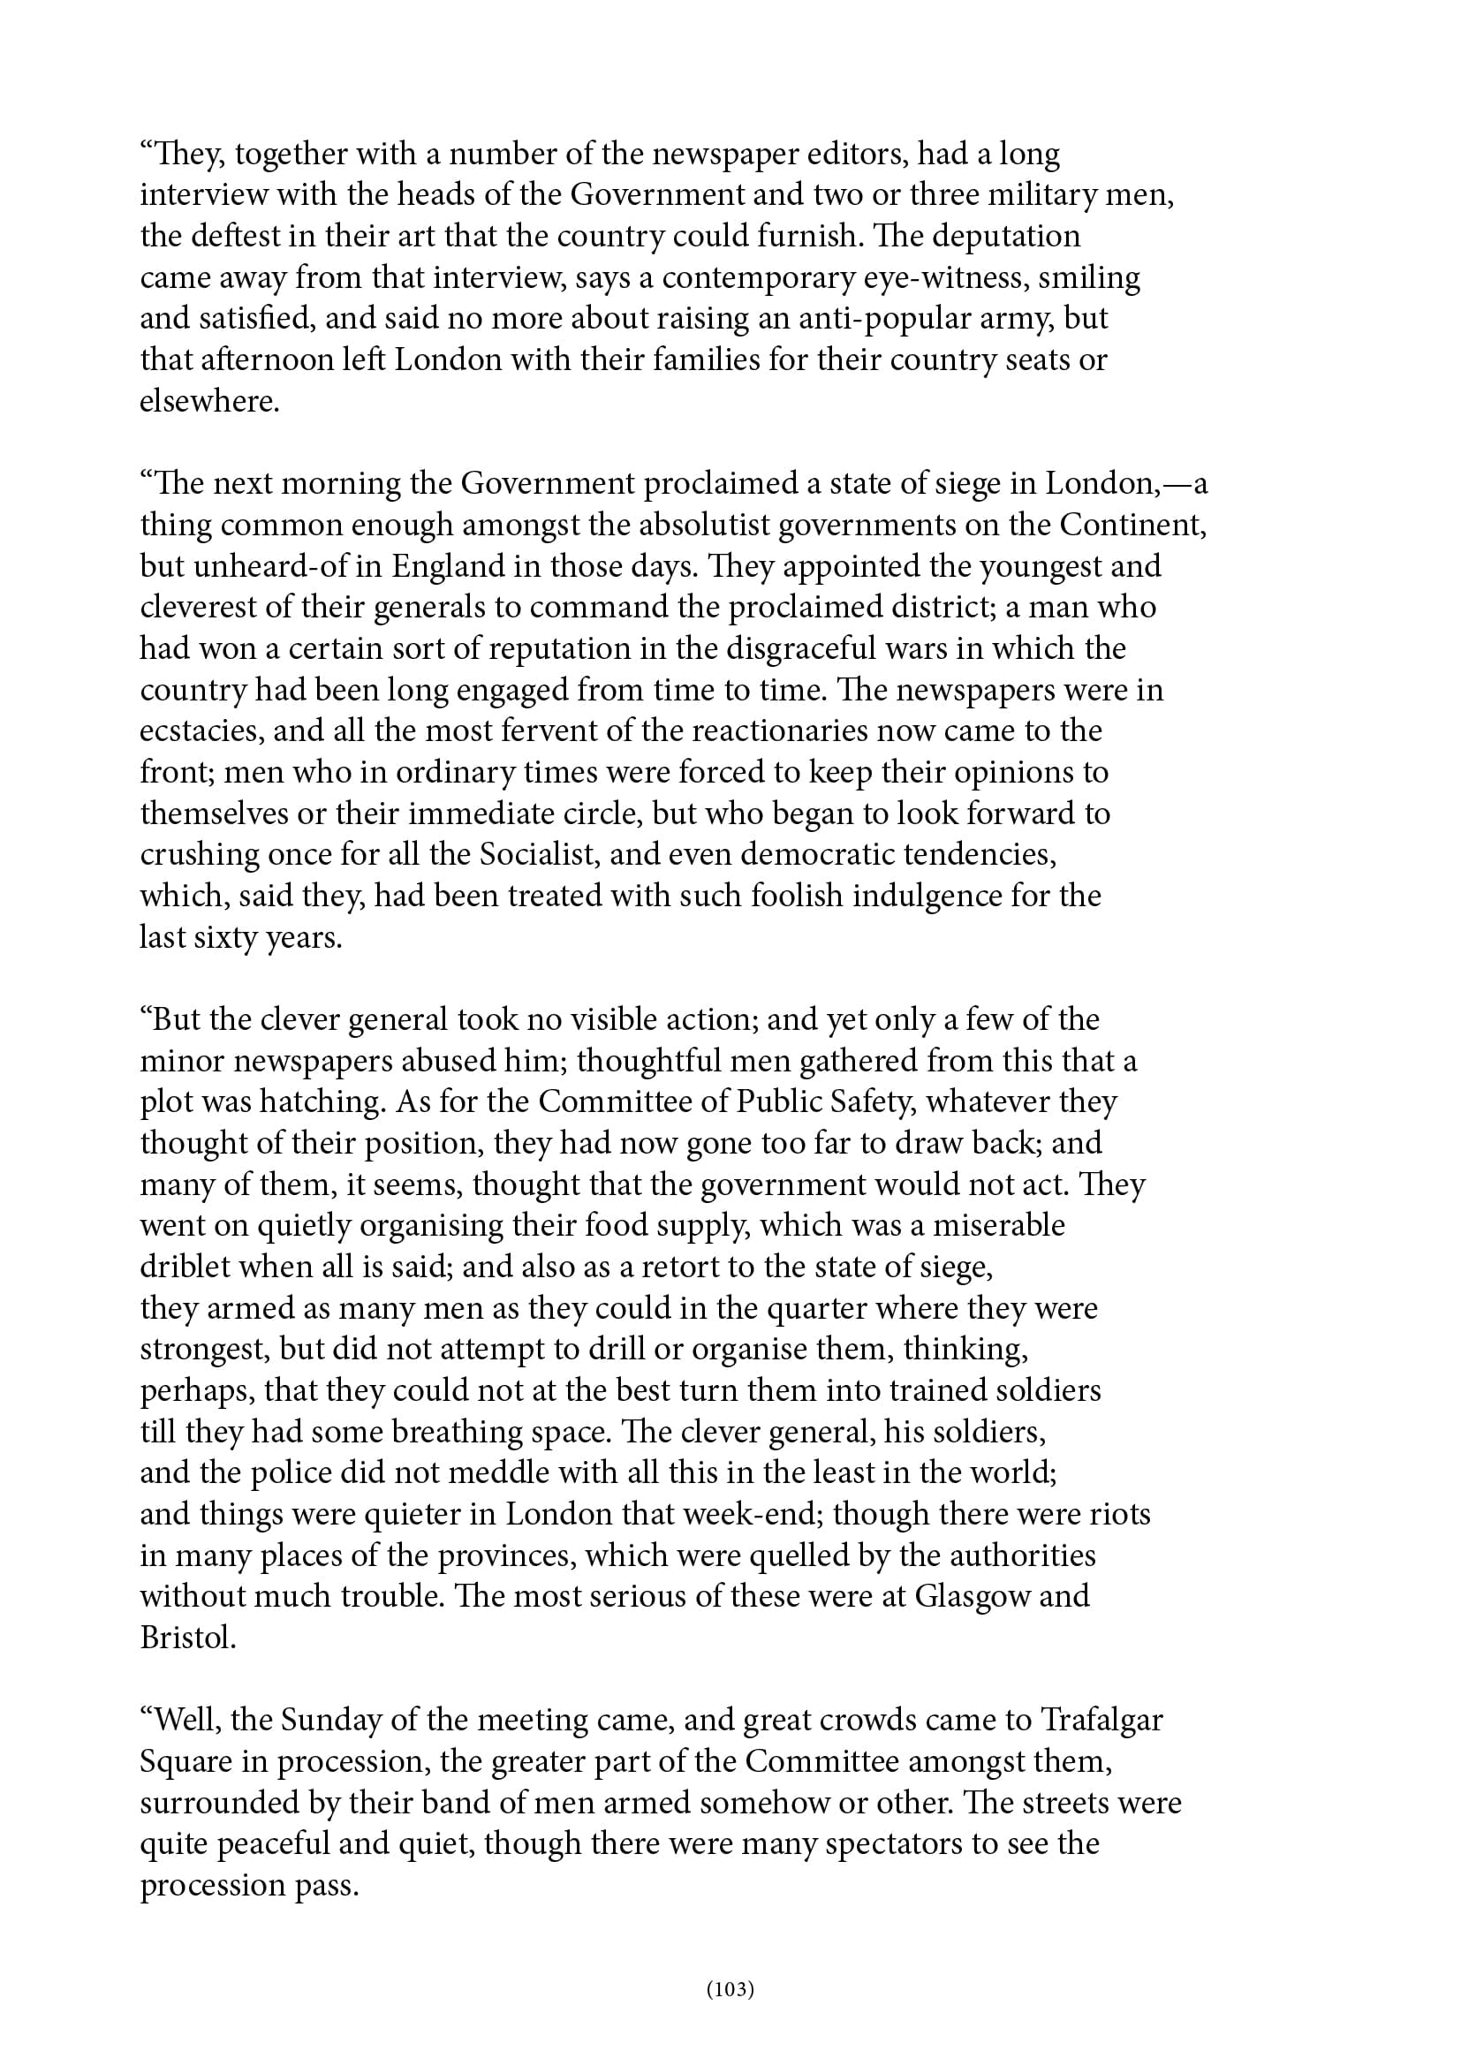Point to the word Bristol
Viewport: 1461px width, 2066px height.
click(x=187, y=1637)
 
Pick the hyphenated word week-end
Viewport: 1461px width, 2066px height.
click(x=753, y=1514)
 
